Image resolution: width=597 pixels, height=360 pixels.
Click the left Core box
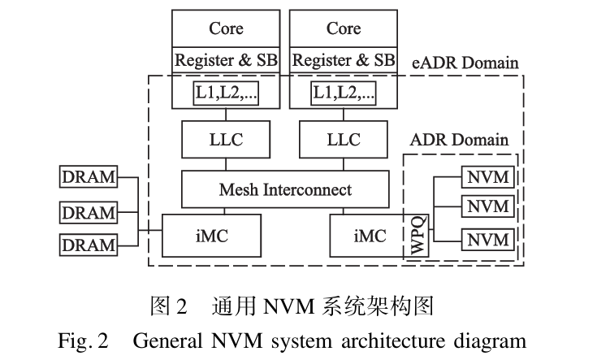pyautogui.click(x=226, y=29)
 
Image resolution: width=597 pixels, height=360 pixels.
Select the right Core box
pyautogui.click(x=343, y=29)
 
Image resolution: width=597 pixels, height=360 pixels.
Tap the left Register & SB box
pyautogui.click(x=226, y=61)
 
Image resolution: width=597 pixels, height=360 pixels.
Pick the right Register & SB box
pyautogui.click(x=343, y=61)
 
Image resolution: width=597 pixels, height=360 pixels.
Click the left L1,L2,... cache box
pyautogui.click(x=226, y=93)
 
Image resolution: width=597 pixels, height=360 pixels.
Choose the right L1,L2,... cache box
pyautogui.click(x=344, y=93)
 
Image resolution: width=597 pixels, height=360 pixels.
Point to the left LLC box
pyautogui.click(x=226, y=140)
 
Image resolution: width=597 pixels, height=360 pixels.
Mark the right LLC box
pyautogui.click(x=343, y=140)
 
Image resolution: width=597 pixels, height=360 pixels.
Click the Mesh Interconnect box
pyautogui.click(x=285, y=189)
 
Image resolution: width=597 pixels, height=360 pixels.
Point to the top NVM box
pyautogui.click(x=487, y=176)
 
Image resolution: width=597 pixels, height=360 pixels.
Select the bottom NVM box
pyautogui.click(x=487, y=240)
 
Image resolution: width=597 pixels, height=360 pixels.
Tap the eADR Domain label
pyautogui.click(x=466, y=63)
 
